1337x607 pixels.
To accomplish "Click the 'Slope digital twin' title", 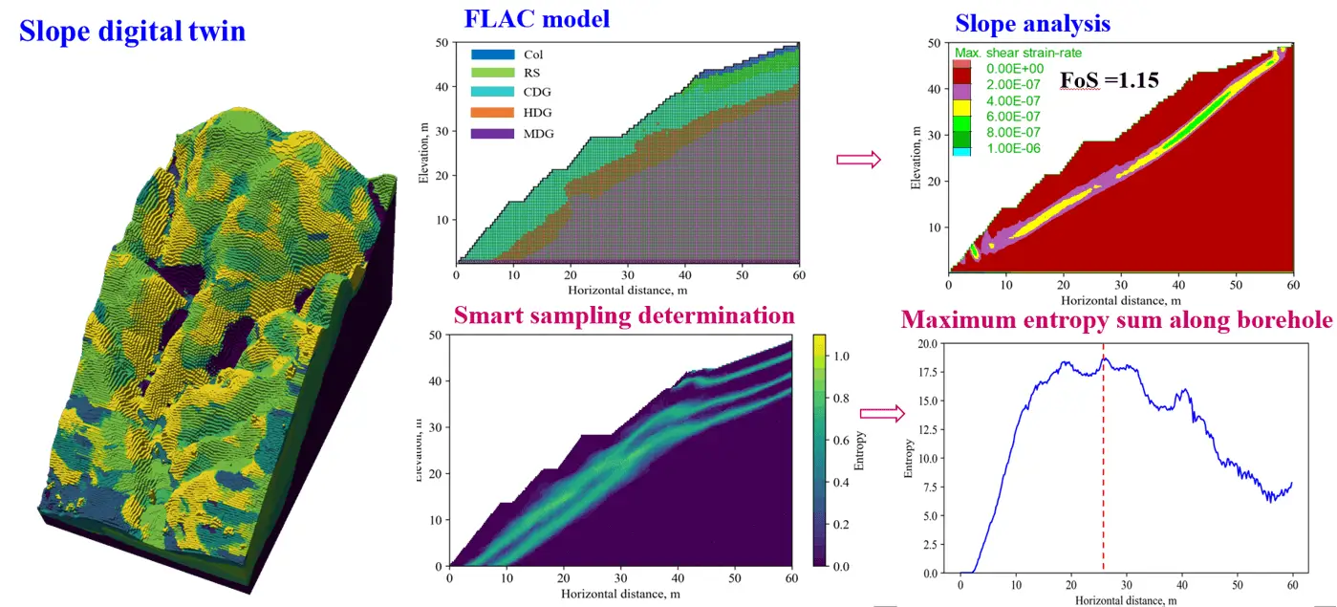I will point(133,32).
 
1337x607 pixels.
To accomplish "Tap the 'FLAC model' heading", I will point(537,18).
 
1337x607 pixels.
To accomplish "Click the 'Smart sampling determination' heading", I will point(624,315).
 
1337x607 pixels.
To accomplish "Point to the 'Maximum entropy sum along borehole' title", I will point(1117,319).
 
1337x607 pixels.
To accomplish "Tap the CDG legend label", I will point(538,93).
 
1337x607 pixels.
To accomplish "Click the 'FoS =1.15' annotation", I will point(1111,80).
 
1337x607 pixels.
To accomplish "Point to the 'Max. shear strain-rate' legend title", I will point(1019,53).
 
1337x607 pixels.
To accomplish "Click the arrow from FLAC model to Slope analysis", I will point(857,160).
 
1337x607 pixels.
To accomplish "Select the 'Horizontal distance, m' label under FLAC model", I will point(627,289).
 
